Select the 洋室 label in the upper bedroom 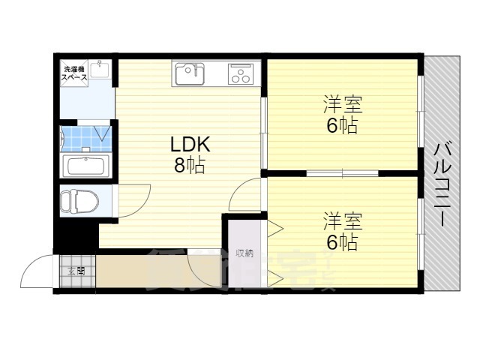pos(343,103)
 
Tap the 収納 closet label pos(244,253)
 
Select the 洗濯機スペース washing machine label pos(74,73)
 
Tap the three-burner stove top pos(240,74)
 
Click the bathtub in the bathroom pos(86,166)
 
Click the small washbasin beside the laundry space pos(103,71)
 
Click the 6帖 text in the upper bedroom pos(342,125)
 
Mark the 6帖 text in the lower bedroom pos(342,242)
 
